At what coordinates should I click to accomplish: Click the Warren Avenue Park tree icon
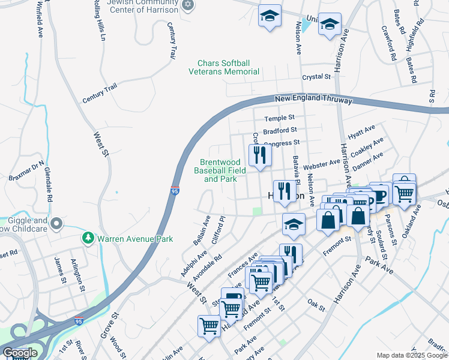tap(88, 239)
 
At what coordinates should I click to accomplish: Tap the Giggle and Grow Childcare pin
tap(57, 224)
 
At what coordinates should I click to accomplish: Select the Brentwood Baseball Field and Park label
tap(221, 171)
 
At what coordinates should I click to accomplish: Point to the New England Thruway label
tap(313, 100)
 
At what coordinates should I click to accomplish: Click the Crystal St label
tap(316, 77)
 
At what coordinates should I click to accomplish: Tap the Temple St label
tap(280, 118)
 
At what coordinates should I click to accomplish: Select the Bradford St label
tap(280, 130)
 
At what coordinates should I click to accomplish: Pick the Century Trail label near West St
tap(100, 95)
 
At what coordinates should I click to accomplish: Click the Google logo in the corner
tap(20, 353)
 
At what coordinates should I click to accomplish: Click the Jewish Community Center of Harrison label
tap(143, 6)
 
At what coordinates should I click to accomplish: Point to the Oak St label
tap(316, 305)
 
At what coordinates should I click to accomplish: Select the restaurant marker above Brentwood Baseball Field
tap(260, 155)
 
